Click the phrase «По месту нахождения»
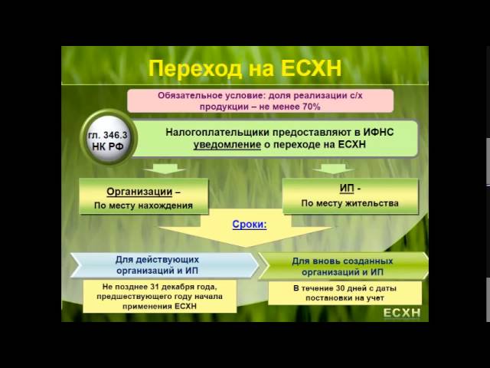[143, 205]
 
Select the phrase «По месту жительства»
[350, 203]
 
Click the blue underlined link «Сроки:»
[250, 225]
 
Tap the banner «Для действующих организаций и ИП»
[164, 264]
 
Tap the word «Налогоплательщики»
[216, 132]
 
